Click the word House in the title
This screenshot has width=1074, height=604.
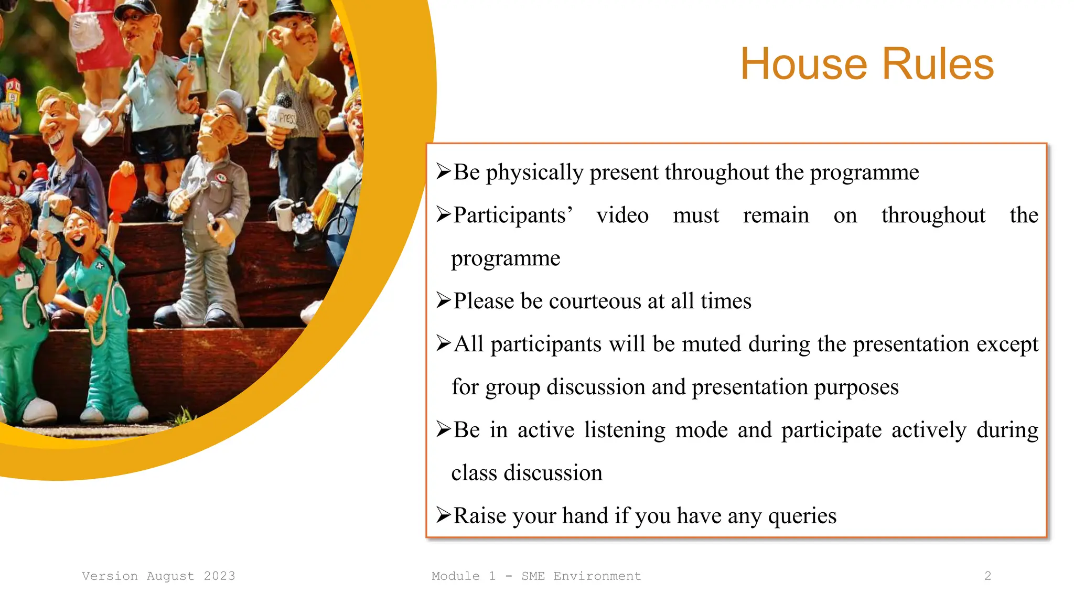coord(804,64)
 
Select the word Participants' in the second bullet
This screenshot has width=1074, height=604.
coord(512,215)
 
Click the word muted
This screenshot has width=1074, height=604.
coord(712,344)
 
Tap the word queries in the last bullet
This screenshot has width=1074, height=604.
coord(802,516)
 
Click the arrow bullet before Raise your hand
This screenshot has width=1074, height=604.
coord(443,515)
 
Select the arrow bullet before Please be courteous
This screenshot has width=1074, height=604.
coord(443,300)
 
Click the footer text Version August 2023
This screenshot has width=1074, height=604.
coord(158,576)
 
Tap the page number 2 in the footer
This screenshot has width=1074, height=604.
coord(987,576)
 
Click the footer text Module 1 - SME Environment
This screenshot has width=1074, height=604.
coord(536,576)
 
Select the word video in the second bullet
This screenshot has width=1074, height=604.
coord(622,215)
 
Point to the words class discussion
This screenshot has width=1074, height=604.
coord(527,473)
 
